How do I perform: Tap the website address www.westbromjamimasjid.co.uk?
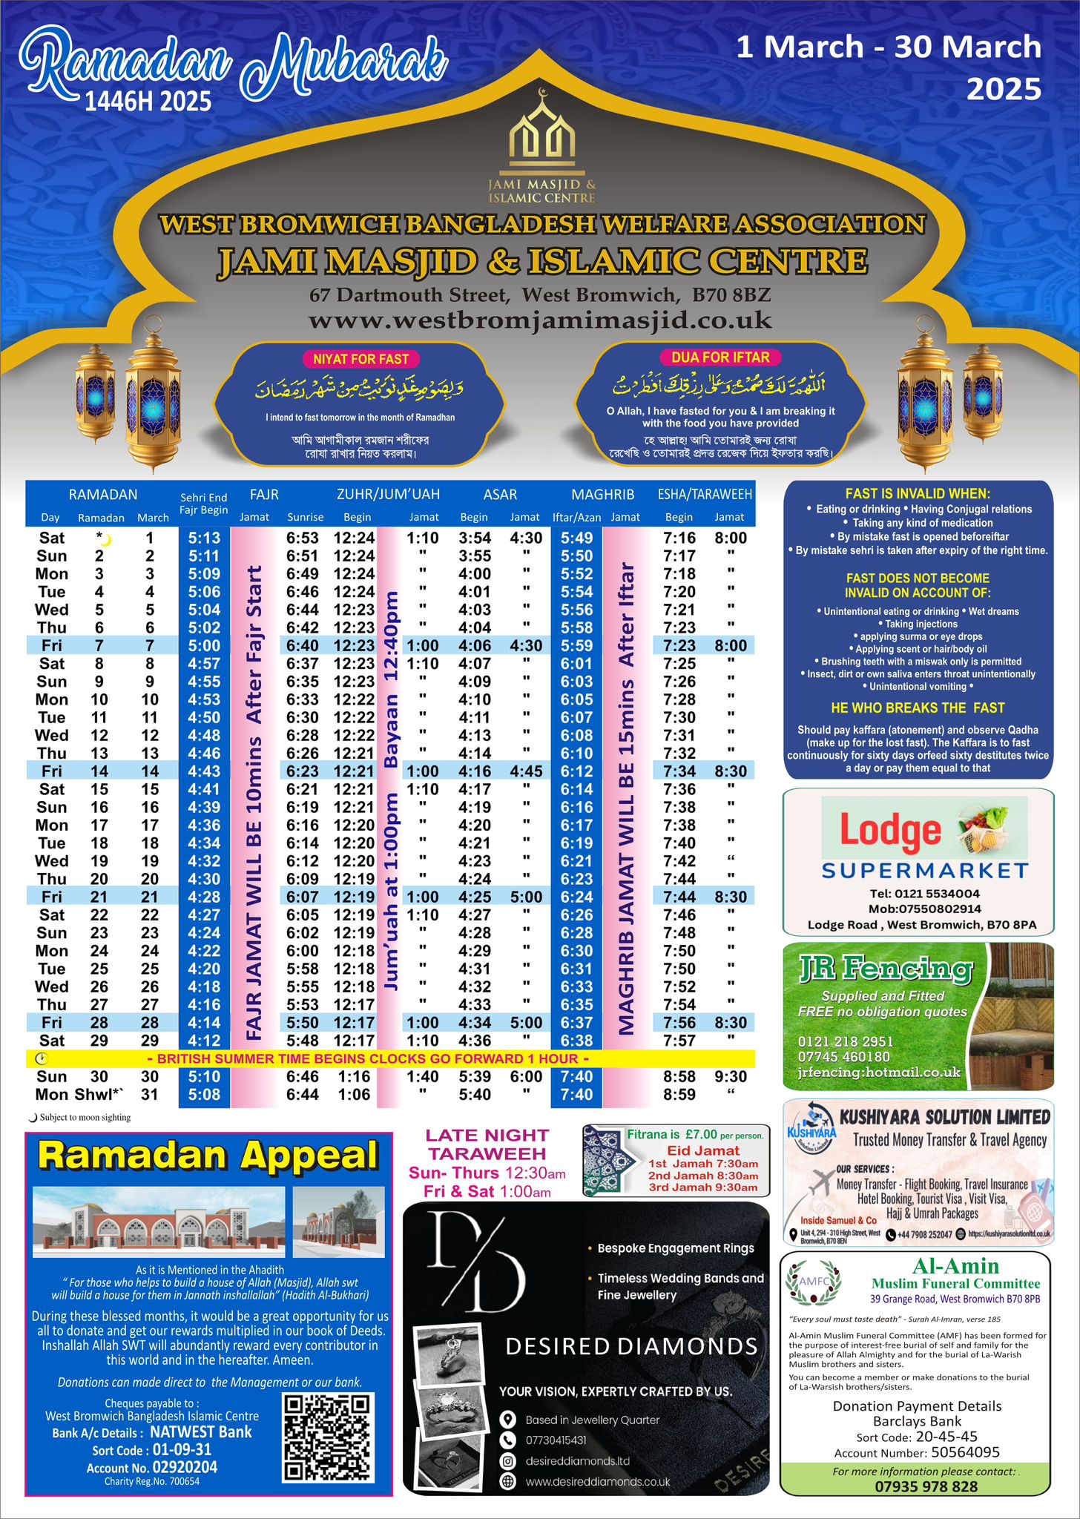click(x=540, y=320)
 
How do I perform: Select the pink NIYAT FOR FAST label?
click(x=360, y=359)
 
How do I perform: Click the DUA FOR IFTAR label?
click(x=720, y=357)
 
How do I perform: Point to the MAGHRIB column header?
click(x=602, y=494)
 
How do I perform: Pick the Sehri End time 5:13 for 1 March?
click(x=203, y=538)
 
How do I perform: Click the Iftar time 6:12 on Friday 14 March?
click(x=576, y=771)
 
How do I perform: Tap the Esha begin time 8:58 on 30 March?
click(x=679, y=1076)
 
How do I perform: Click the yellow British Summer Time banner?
click(x=390, y=1058)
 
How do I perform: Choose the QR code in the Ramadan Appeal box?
click(x=327, y=1437)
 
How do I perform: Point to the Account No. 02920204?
click(x=184, y=1468)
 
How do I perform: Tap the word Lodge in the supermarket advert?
click(x=889, y=831)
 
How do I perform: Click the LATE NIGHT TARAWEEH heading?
click(x=487, y=1144)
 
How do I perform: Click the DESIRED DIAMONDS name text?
click(x=631, y=1346)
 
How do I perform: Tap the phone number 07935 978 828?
click(x=915, y=1486)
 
